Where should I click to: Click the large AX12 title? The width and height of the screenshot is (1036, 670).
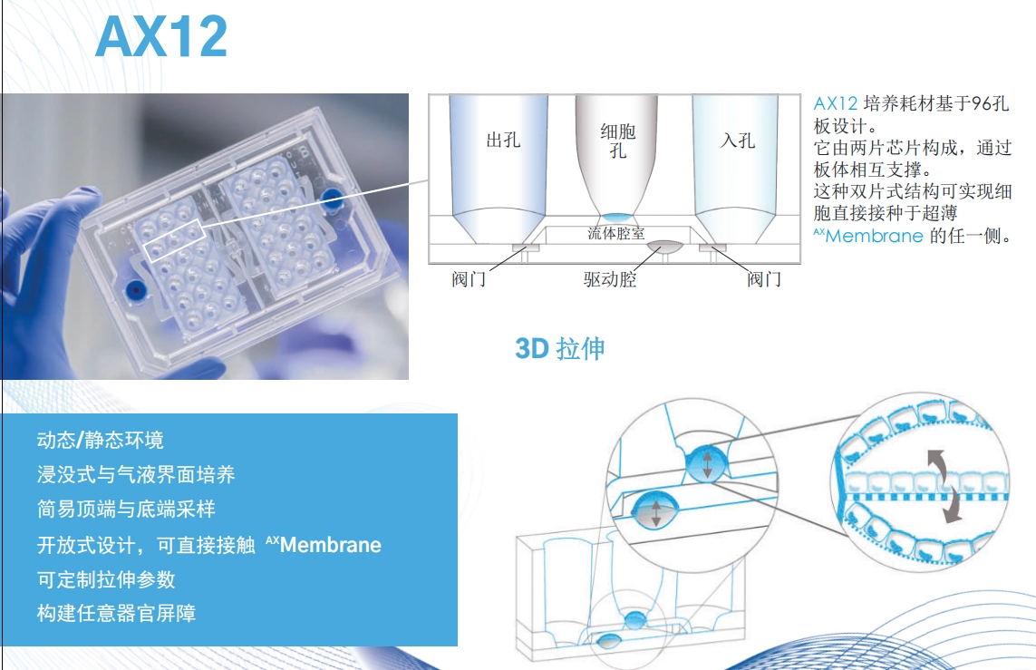coord(162,37)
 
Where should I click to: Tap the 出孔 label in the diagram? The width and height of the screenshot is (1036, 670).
coord(503,141)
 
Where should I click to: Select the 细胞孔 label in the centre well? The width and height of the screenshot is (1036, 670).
coord(618,141)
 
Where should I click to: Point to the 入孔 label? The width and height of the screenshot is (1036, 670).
coord(738,141)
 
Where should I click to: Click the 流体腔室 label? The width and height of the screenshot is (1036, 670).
coord(615,233)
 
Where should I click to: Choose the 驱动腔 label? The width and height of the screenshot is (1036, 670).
coord(610,279)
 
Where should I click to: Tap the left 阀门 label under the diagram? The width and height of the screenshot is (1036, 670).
coord(470,279)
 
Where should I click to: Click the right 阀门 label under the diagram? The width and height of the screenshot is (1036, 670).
coord(764,279)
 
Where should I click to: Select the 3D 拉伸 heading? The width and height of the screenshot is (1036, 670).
coord(559,349)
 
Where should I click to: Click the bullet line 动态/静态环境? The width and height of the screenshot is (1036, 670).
coord(101,440)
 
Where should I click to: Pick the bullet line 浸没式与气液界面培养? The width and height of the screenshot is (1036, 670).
coord(136,474)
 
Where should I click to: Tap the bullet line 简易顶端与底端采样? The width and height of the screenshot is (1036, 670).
coord(126,509)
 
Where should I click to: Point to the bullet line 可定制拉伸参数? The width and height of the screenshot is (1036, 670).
coord(106,579)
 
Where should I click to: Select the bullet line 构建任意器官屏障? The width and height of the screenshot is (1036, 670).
coord(116,613)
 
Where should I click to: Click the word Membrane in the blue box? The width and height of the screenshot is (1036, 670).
coord(330,545)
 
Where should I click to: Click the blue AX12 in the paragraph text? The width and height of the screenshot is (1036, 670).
coord(835,103)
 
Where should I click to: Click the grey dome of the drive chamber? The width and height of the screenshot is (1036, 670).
coord(664,247)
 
